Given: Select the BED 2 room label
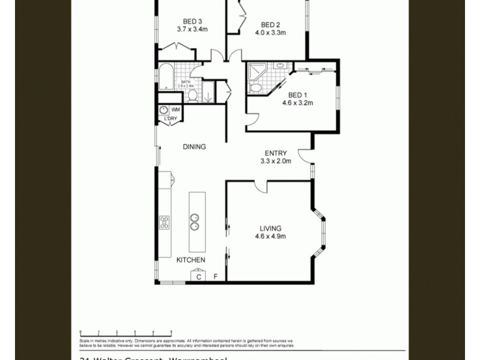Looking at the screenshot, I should coord(271,25).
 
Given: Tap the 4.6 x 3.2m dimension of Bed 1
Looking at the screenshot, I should coord(298,103).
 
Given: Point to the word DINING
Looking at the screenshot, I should coord(194,146).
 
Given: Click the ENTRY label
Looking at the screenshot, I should coord(275,153).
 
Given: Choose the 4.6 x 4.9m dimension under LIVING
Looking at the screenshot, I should coord(270,236).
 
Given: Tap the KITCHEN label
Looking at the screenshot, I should coord(191,260).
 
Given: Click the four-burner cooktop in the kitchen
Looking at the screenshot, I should coord(164,223).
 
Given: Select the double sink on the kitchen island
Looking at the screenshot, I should coord(195,222).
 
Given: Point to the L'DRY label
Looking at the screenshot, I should coord(170,119).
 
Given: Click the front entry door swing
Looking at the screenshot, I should coord(306,157).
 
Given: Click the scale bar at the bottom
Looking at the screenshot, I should coord(126,332).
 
